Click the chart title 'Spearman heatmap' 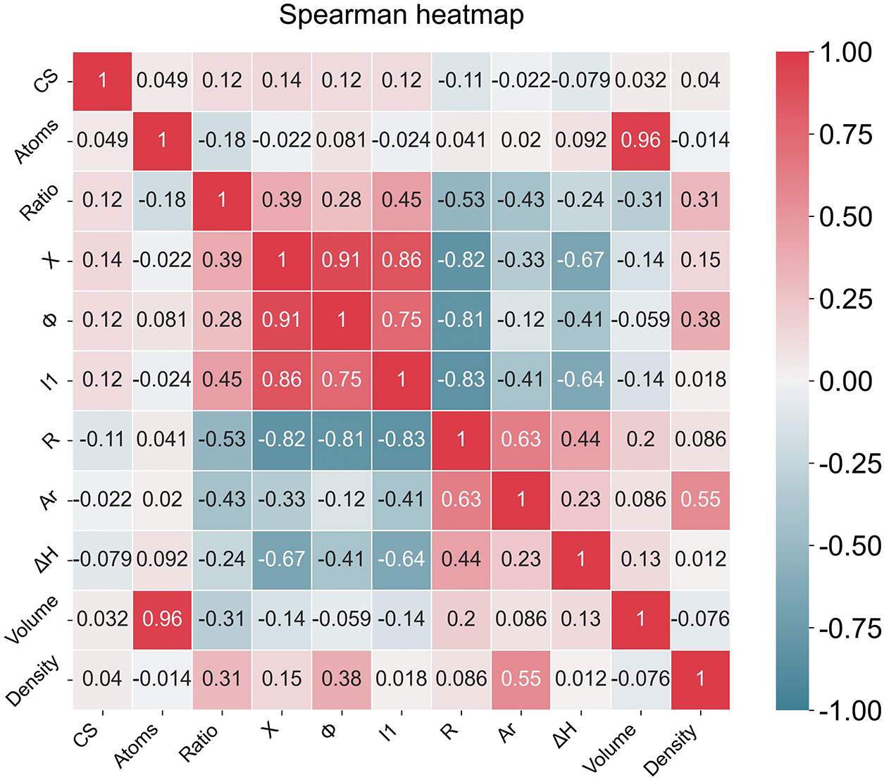point(401,16)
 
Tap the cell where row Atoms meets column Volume point(641,140)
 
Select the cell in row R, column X point(282,440)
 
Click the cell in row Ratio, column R point(461,200)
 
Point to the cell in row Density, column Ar point(521,679)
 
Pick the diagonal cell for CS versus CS point(102,80)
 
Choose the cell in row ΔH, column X point(282,559)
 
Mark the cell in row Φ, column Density point(700,320)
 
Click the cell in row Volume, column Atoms point(162,619)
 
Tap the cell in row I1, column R point(461,380)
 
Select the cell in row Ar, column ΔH point(581,500)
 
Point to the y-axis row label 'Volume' point(32,619)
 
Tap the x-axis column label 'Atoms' point(137,745)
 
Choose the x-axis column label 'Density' point(671,749)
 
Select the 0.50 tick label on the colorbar point(845,217)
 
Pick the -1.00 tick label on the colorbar point(849,710)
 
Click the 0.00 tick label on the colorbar point(845,381)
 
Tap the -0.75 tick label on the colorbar point(849,629)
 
